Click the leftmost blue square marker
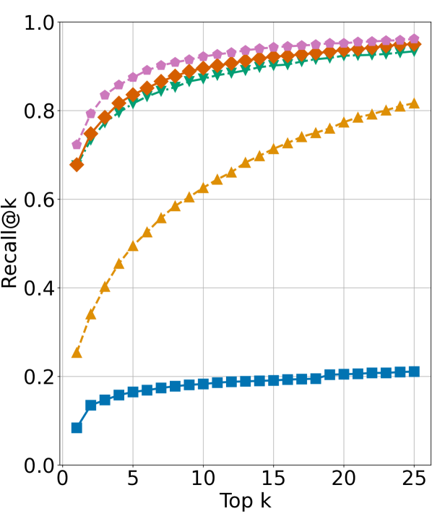point(77,427)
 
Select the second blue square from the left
point(91,405)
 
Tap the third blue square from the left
point(105,400)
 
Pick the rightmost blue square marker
point(414,372)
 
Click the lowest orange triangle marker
point(77,352)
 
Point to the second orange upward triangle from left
point(91,314)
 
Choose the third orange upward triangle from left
point(105,287)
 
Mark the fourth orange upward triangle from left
point(119,264)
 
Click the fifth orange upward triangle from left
point(133,246)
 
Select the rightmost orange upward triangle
point(414,103)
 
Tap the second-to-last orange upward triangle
point(400,106)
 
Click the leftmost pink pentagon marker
point(77,144)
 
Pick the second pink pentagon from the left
point(91,113)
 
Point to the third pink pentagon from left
point(105,95)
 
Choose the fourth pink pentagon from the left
point(119,85)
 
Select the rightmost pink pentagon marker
point(414,38)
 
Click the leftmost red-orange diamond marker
point(77,165)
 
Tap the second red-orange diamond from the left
point(91,133)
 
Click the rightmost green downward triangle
point(414,52)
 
